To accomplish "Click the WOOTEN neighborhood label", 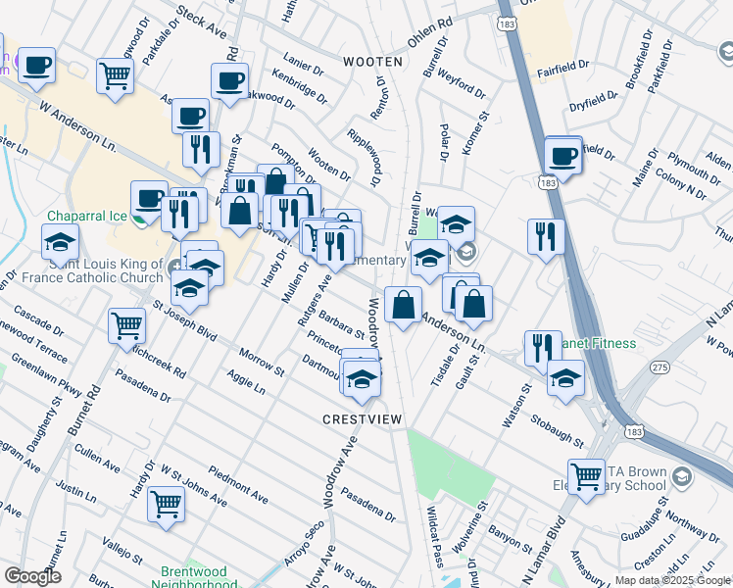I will [x=372, y=61].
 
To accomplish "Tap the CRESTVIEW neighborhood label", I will [x=363, y=419].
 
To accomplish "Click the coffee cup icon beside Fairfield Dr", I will [x=563, y=155].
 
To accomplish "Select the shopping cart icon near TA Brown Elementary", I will [x=587, y=477].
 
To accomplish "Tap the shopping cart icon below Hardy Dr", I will [x=166, y=503].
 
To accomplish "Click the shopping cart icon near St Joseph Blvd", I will [x=127, y=324].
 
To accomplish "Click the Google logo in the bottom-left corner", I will [x=32, y=576].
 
